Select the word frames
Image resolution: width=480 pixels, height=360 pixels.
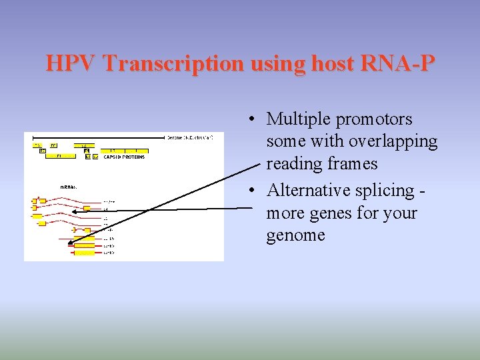(x=352, y=164)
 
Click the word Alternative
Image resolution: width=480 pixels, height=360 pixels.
(x=307, y=191)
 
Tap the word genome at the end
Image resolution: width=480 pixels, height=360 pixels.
(x=295, y=235)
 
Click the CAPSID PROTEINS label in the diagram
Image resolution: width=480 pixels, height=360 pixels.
(x=125, y=157)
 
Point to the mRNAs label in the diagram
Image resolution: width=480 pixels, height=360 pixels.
(x=69, y=187)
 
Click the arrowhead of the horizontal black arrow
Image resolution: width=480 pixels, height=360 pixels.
(x=74, y=212)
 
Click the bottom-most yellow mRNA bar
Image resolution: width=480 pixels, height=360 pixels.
(x=85, y=253)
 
